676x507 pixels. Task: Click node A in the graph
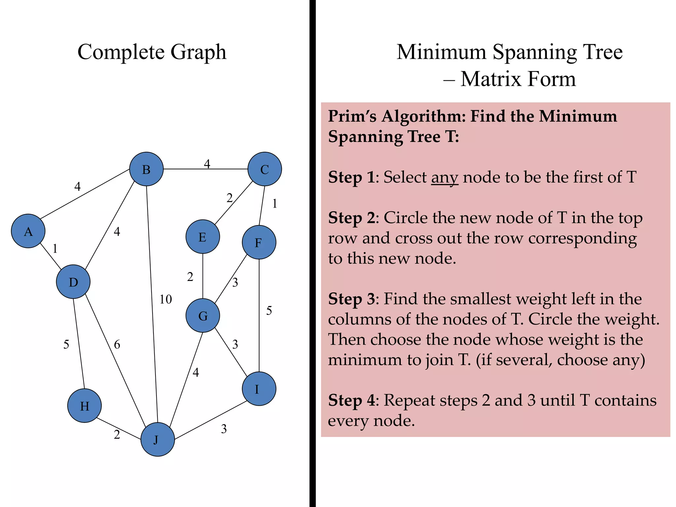[x=28, y=231]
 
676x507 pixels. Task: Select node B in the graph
[x=146, y=169]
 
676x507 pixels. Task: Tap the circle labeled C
[x=264, y=169]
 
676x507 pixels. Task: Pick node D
[x=73, y=282]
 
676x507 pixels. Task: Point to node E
[x=203, y=237]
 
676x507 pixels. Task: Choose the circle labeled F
[x=259, y=242]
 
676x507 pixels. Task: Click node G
[x=203, y=316]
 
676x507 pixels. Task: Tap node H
[x=84, y=406]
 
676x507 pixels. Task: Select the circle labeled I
[x=259, y=389]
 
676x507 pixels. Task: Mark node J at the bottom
[x=157, y=440]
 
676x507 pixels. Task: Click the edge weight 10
[x=166, y=299]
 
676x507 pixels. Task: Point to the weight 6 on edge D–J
[x=117, y=345]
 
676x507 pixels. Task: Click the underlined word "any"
[x=445, y=178]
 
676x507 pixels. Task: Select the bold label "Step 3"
[x=351, y=299]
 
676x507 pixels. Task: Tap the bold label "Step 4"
[x=351, y=400]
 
